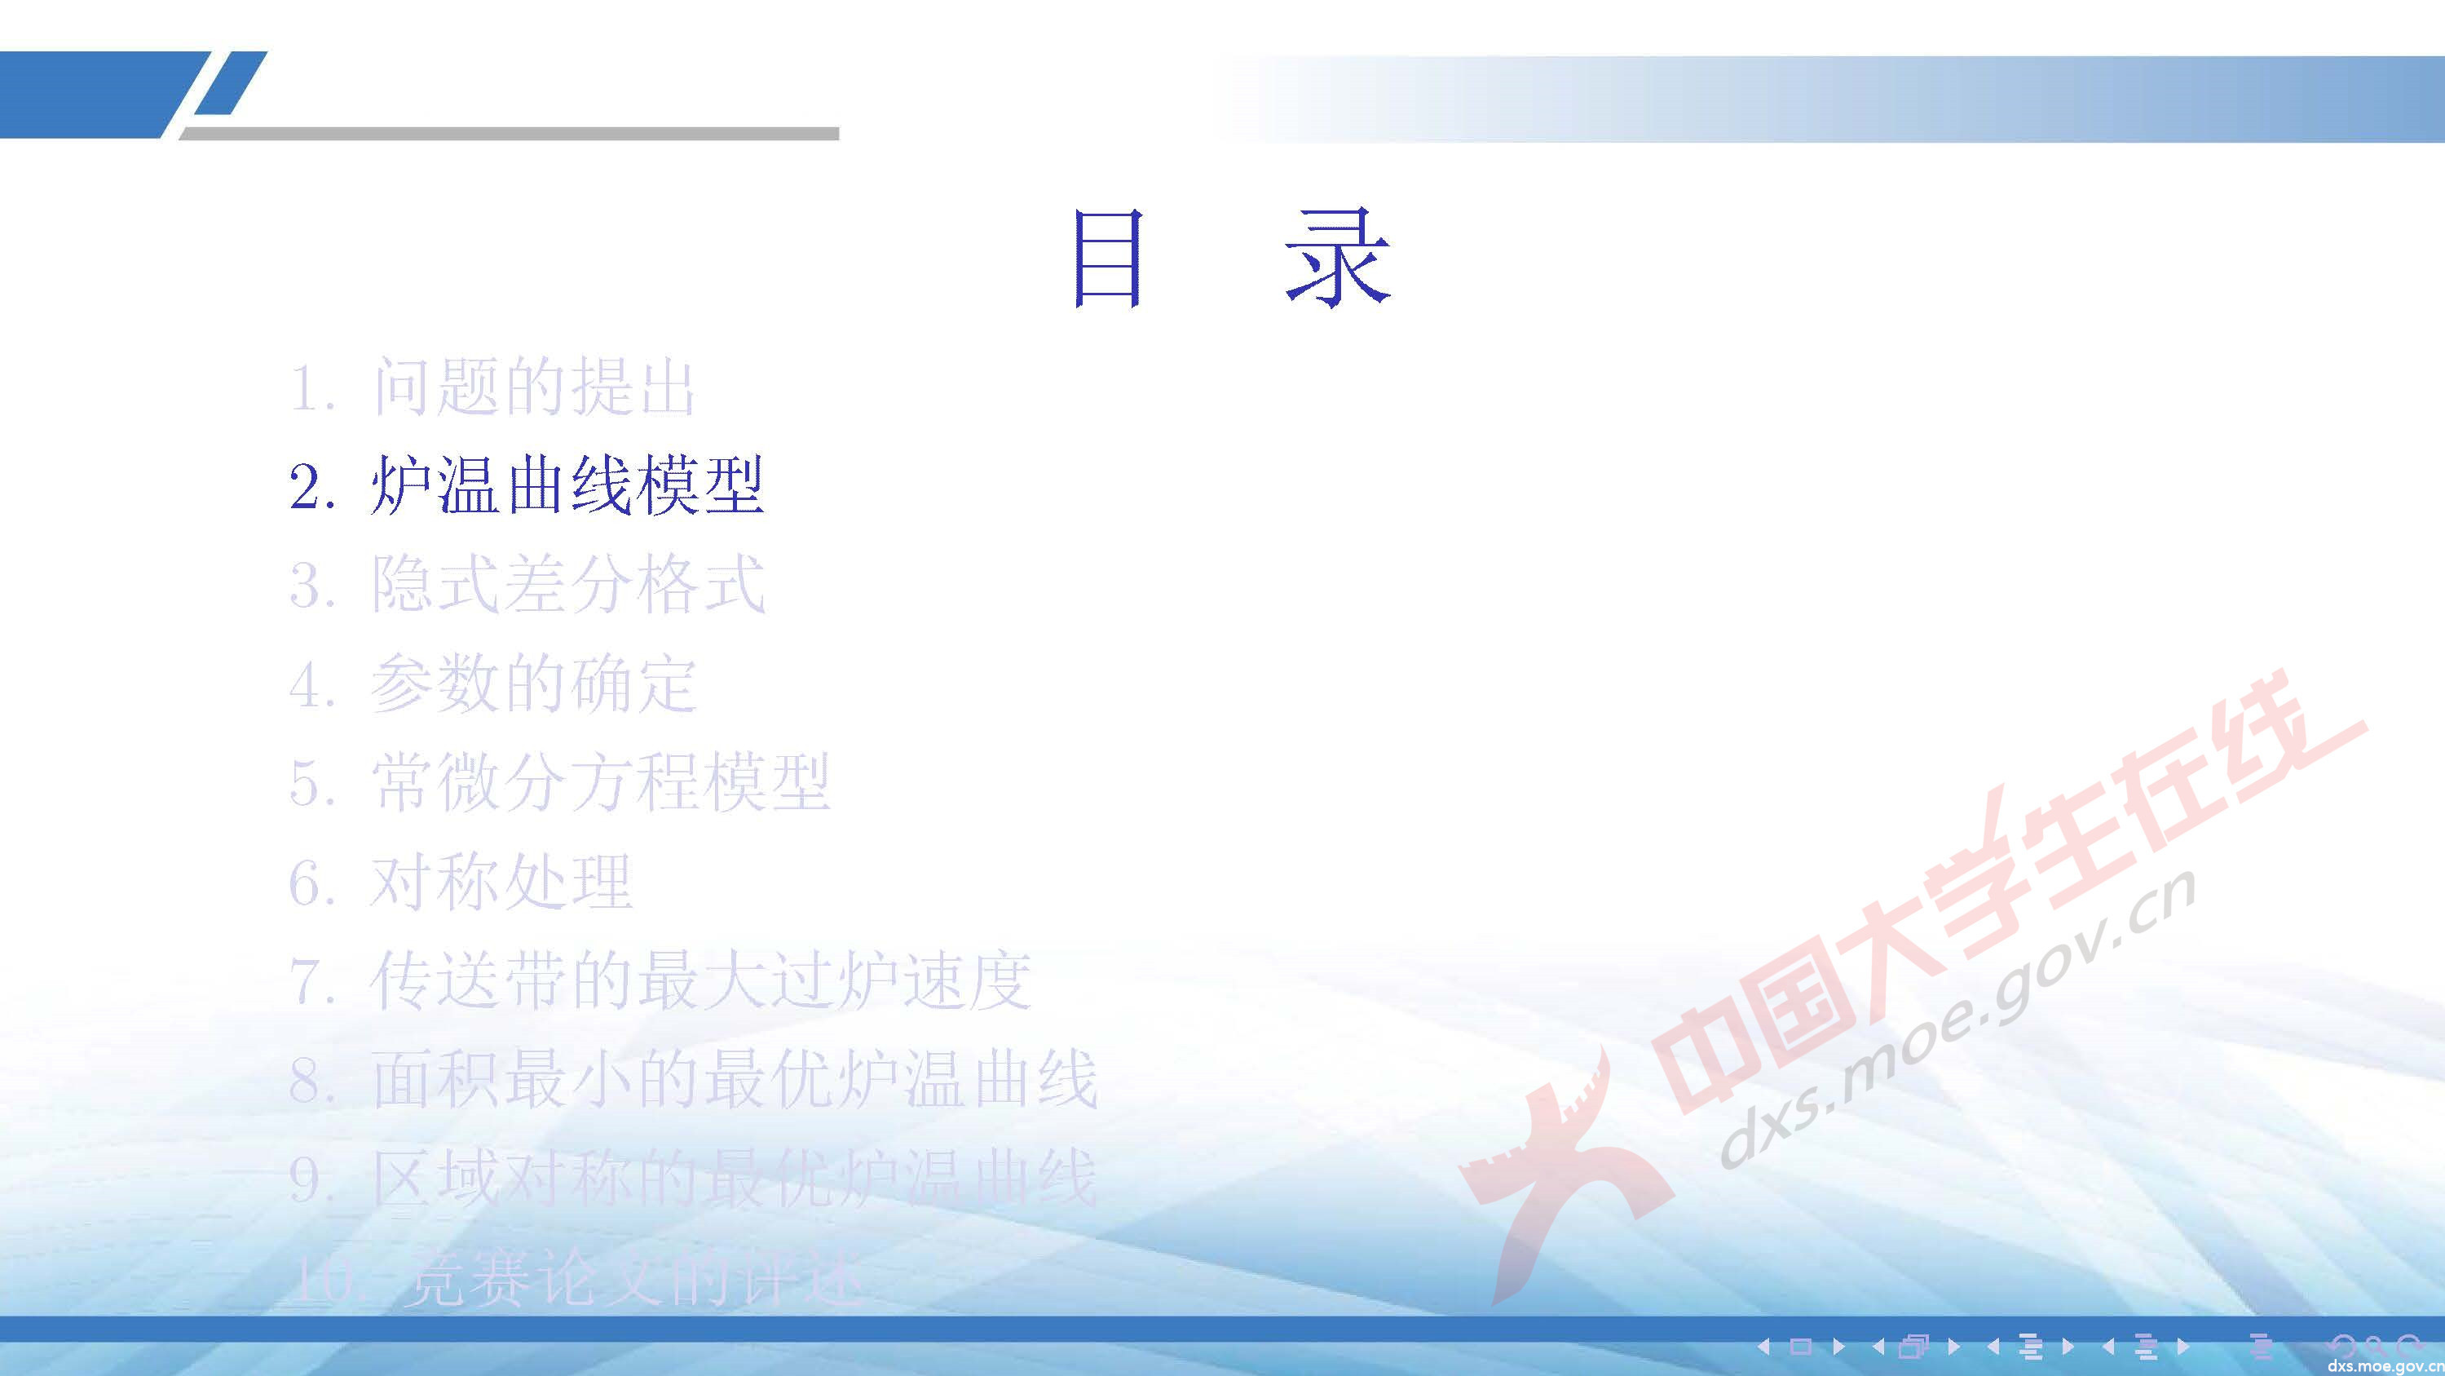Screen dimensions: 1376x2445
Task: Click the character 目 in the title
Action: pos(1106,259)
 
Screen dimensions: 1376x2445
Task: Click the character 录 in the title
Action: pos(1339,259)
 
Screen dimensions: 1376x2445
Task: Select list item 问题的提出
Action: pos(533,387)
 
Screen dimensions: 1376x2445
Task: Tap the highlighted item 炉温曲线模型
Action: pos(567,486)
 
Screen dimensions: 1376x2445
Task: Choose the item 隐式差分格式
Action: pos(567,584)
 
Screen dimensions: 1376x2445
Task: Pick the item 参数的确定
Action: pos(533,684)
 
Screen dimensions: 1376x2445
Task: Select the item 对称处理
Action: pos(501,881)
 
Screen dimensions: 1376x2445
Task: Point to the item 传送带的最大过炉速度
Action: pos(700,980)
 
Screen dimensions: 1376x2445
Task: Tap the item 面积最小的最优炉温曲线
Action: pos(734,1080)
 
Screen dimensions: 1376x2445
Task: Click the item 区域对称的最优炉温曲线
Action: pos(734,1179)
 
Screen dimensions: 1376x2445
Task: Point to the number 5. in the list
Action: pos(312,785)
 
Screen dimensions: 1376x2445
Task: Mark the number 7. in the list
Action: pos(312,982)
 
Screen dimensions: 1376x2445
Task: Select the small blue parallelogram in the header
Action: pos(230,83)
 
